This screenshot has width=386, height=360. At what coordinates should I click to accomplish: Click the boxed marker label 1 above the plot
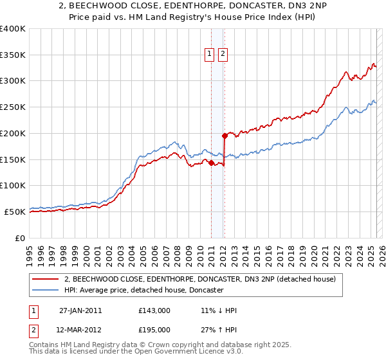tap(210, 55)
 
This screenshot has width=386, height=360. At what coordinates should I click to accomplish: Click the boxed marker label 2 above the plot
tap(223, 55)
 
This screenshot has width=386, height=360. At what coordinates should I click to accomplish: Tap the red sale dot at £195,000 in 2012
tap(225, 136)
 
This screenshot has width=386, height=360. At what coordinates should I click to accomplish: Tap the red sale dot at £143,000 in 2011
tap(212, 163)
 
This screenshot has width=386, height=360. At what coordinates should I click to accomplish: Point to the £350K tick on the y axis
tap(13, 55)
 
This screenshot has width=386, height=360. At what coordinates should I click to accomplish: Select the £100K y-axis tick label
tap(13, 185)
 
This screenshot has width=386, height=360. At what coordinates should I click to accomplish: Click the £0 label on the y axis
tap(20, 237)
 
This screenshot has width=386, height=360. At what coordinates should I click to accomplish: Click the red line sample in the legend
tap(46, 280)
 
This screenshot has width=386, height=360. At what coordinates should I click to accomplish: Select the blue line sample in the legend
tap(46, 291)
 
